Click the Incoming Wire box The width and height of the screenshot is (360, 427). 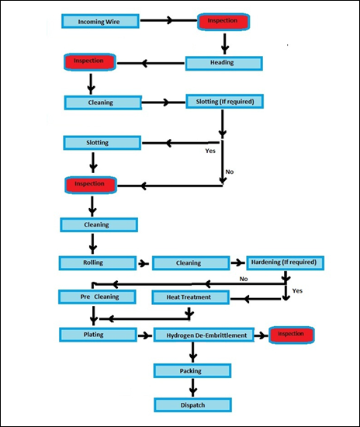[100, 21]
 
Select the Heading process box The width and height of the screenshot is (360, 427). [224, 63]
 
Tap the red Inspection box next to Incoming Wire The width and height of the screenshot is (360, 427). [223, 22]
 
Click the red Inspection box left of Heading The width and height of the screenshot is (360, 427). [90, 62]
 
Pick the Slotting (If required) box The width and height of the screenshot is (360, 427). [224, 101]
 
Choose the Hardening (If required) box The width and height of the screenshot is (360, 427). [286, 262]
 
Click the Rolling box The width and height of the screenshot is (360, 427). [98, 262]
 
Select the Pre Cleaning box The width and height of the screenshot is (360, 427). [97, 297]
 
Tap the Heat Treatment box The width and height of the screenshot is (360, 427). [191, 297]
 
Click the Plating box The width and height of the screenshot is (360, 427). [98, 335]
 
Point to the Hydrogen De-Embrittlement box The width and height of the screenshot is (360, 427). [204, 335]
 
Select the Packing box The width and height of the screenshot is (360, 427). [192, 370]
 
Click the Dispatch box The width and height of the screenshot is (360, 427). [192, 405]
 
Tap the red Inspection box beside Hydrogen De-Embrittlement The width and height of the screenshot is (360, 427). [292, 335]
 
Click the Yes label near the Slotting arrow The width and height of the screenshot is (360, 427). [210, 151]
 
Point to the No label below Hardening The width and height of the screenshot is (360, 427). [244, 279]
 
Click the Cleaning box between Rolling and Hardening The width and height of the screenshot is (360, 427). [191, 263]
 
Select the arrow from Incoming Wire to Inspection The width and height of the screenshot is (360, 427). [168, 20]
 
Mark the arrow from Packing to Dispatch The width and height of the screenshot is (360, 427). [193, 387]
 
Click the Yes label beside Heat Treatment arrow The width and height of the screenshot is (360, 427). [297, 291]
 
